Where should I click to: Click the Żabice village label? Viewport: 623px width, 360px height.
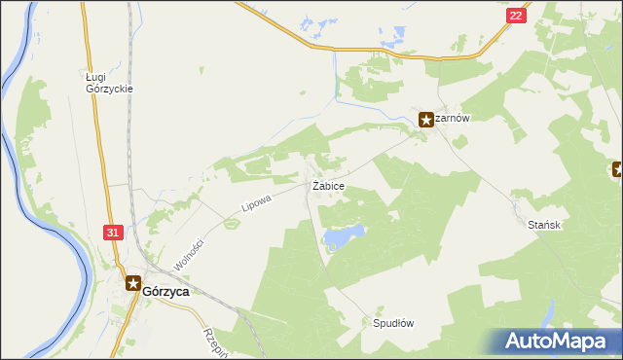pos(327,185)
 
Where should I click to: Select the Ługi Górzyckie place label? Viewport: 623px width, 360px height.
pos(108,82)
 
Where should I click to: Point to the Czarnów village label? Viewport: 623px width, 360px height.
pos(453,119)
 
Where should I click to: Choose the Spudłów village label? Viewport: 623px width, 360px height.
pos(393,323)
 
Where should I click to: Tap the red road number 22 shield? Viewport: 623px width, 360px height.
pos(516,16)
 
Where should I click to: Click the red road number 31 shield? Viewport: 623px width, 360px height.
pos(113,233)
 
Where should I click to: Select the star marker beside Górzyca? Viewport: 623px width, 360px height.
pos(132,283)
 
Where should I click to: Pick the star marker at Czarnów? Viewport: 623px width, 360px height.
pos(426,120)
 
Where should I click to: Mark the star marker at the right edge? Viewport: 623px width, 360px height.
pos(618,170)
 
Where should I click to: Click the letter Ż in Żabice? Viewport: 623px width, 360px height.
pos(314,185)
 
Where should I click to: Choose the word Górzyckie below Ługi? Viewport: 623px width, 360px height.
pos(108,89)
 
